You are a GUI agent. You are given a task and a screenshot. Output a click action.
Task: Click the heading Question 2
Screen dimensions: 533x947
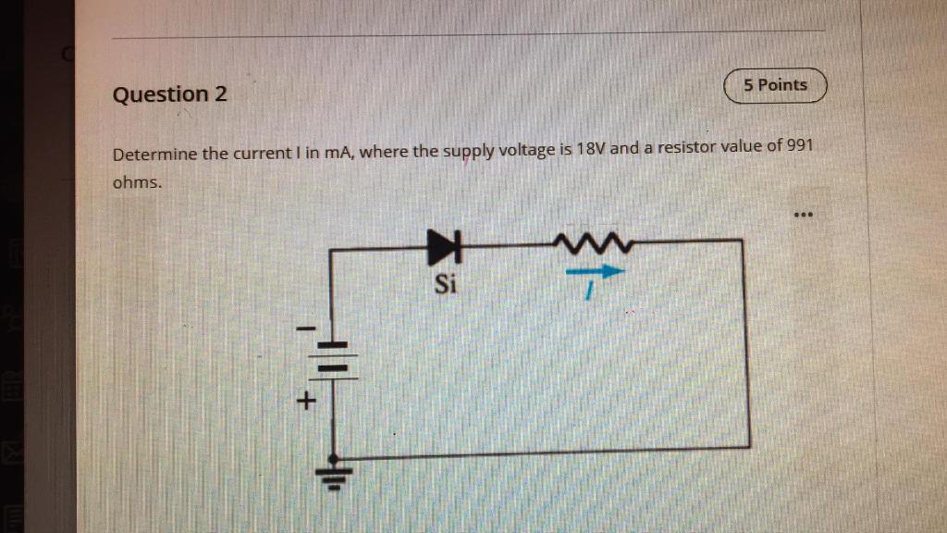click(169, 94)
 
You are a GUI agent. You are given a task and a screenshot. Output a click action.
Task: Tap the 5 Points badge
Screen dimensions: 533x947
click(775, 85)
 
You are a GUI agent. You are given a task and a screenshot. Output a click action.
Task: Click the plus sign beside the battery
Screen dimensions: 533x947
click(305, 402)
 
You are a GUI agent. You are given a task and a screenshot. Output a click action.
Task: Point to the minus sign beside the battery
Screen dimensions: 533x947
click(306, 329)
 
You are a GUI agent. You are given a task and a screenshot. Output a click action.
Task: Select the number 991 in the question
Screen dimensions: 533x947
click(800, 146)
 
